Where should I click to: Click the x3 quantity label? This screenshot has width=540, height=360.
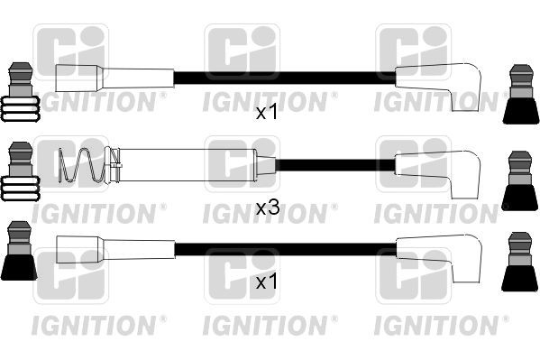point(268,208)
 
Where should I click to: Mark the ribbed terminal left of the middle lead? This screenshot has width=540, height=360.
point(20,176)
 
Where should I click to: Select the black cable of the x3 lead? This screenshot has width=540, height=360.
point(334,165)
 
